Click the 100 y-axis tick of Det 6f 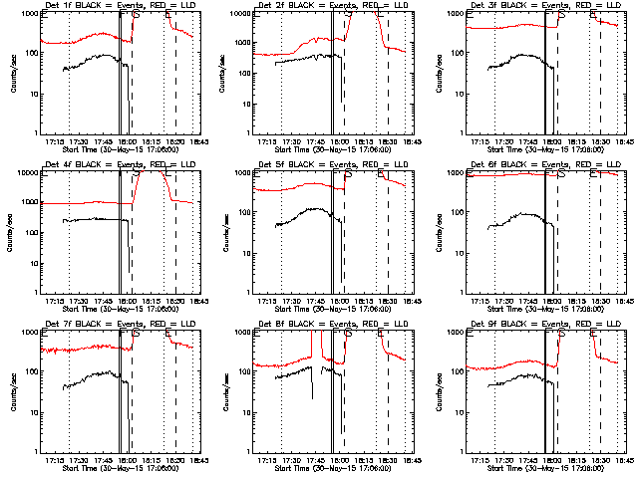click(451, 212)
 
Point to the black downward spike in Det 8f click(311, 390)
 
